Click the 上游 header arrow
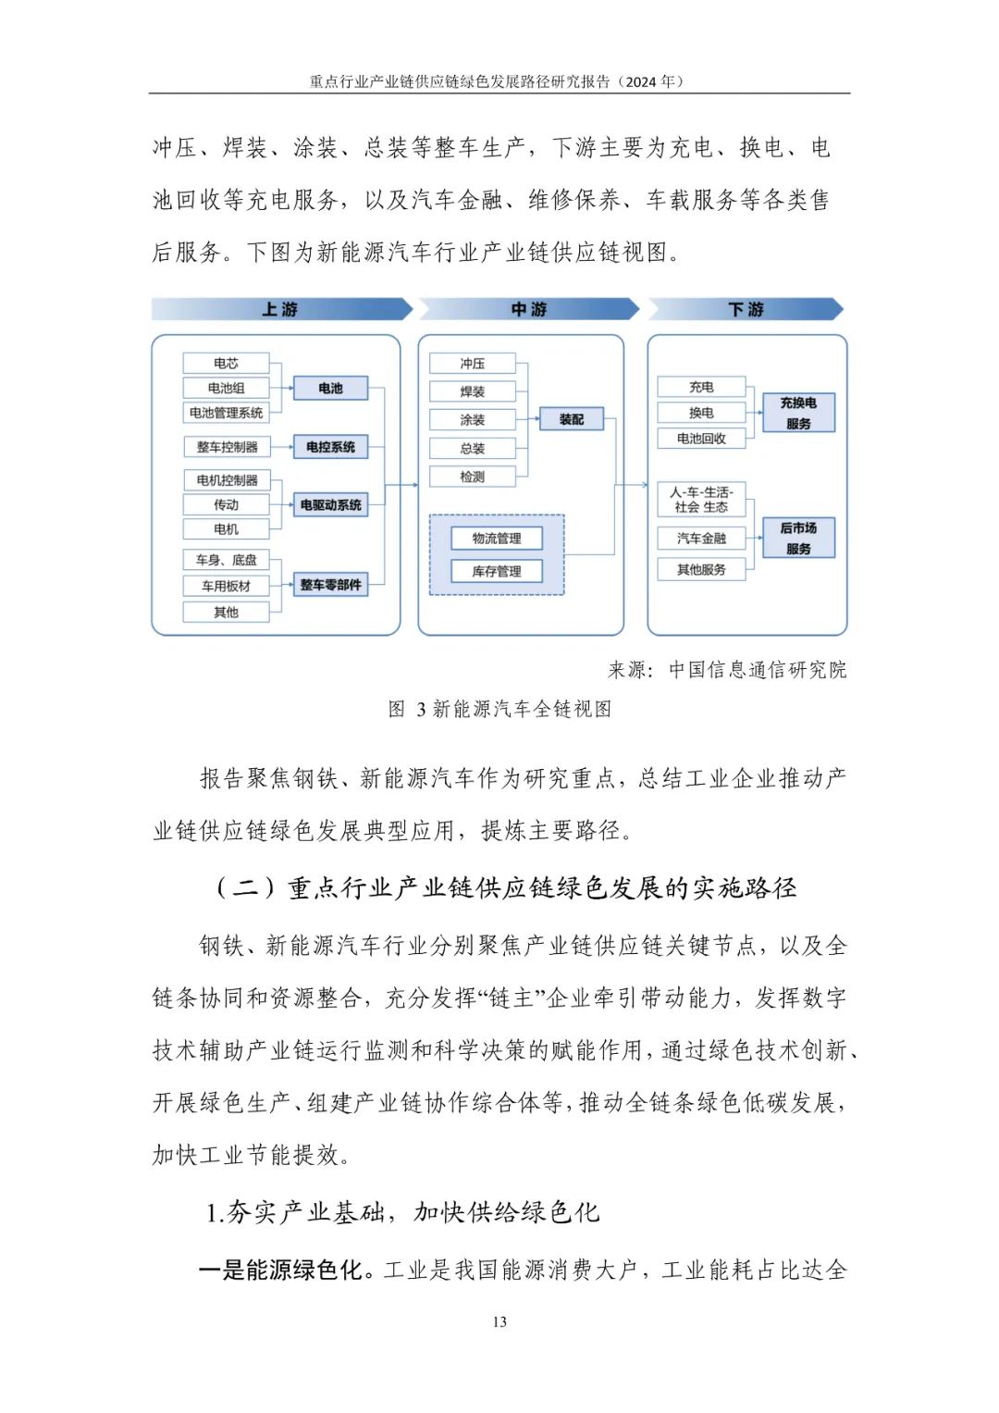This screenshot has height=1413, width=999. pos(280,309)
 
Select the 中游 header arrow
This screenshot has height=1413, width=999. pos(529,309)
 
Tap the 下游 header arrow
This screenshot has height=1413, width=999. pos(746,309)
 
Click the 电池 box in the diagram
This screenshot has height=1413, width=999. pos(330,389)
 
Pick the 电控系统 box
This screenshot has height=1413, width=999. pos(330,447)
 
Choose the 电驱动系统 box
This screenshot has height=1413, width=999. pos(330,505)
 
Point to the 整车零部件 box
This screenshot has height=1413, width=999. pos(330,585)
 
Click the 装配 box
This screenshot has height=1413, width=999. pos(571,420)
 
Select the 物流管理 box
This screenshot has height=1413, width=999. pos(497,539)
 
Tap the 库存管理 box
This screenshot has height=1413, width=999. pos(497,572)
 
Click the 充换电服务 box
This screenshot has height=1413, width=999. pos(798,413)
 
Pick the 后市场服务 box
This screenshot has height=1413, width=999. pos(798,538)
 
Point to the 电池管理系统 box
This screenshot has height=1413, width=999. pos(226,413)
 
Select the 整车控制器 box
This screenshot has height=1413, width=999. pos(227,447)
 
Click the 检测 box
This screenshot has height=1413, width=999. pos(472,477)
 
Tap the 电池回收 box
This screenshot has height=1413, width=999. pos(701,439)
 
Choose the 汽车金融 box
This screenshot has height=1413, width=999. pos(701,539)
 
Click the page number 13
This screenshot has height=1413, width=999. pos(499,1321)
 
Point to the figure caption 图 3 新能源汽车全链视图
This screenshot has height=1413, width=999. pos(499,709)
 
